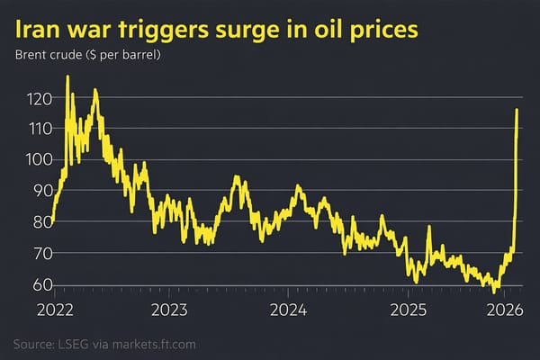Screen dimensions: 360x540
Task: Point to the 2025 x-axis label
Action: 408,310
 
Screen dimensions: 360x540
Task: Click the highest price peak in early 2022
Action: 67,77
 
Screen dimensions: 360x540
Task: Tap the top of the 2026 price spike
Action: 517,110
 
